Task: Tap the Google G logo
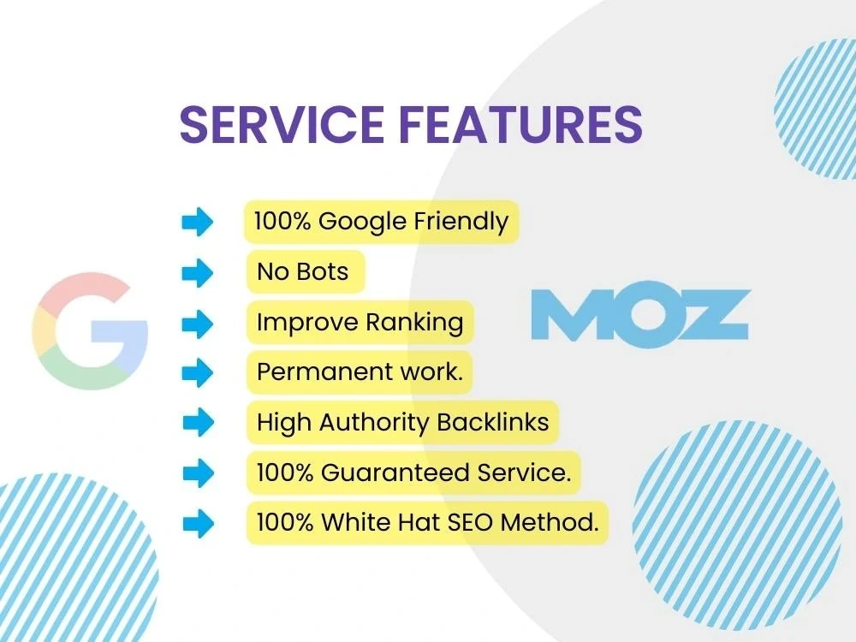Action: coord(90,331)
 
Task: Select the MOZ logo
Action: coord(640,314)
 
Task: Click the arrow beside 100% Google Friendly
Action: coord(198,223)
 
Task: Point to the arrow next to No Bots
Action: coord(198,273)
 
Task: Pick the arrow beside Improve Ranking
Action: coord(198,323)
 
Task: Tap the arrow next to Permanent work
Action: coord(198,372)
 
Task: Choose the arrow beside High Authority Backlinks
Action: coord(198,422)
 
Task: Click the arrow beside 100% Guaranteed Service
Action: coord(198,472)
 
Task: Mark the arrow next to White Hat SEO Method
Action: coord(198,522)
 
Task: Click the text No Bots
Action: coord(303,272)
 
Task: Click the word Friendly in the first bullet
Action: coord(461,222)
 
